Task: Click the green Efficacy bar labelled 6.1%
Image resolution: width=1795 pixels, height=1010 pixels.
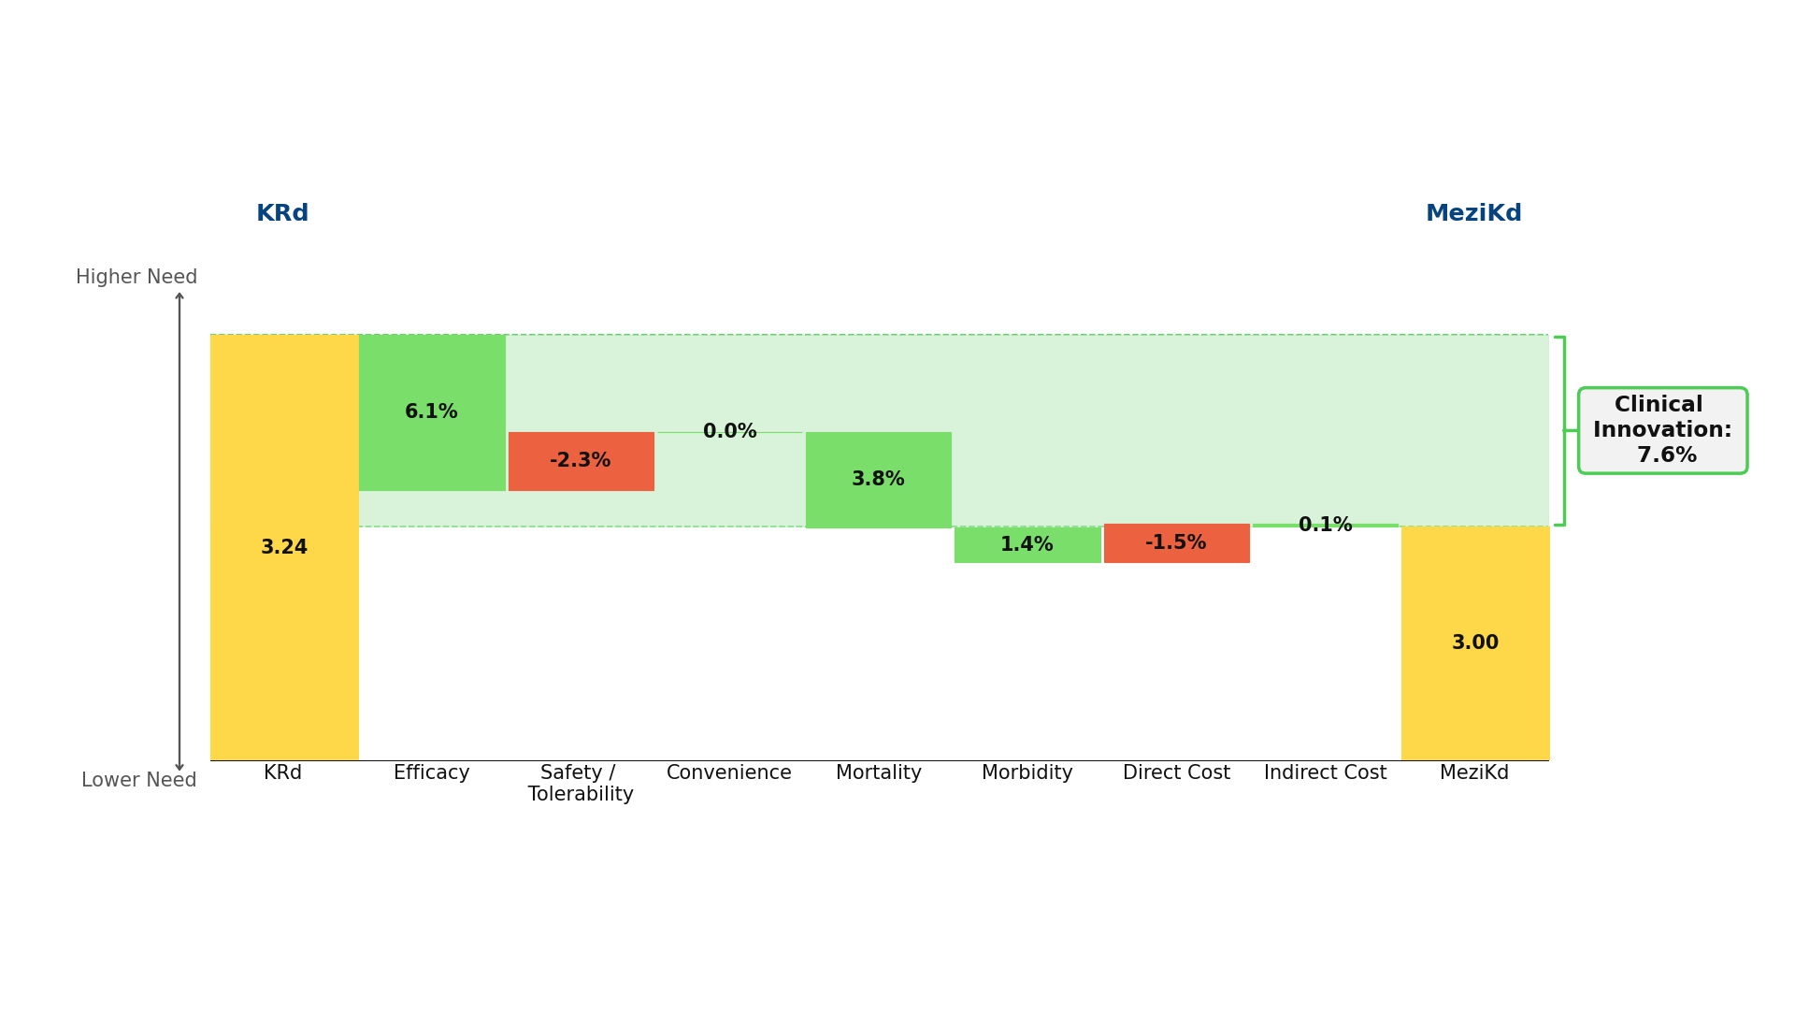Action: coord(432,412)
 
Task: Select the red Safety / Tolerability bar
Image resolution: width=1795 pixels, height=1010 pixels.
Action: coord(582,461)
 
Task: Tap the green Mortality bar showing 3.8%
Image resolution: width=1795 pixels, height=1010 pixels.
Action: coord(879,480)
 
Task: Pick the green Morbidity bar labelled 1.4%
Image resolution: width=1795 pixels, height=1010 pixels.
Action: coord(1027,544)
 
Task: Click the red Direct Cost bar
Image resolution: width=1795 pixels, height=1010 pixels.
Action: coord(1177,543)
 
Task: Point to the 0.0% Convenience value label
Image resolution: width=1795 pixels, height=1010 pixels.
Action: coord(730,431)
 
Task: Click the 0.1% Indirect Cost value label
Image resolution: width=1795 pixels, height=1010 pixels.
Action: coord(1326,525)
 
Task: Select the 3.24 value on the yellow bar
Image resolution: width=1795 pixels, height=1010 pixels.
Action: coord(284,548)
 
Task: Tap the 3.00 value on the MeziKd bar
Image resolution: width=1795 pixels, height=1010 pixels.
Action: coord(1475,643)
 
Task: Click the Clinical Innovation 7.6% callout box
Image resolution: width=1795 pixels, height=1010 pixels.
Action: coord(1663,430)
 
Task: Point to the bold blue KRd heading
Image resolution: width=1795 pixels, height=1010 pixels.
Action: coord(282,213)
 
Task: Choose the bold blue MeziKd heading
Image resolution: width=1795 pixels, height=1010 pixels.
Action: coord(1474,213)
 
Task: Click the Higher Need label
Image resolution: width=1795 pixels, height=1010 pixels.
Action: coord(136,278)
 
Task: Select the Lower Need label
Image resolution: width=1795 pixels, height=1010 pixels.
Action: coord(139,780)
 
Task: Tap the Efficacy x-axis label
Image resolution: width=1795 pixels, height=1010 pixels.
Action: coord(432,773)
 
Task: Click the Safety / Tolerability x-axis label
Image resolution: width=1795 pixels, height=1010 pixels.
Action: coord(581,784)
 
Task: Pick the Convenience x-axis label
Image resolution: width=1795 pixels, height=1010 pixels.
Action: coord(729,773)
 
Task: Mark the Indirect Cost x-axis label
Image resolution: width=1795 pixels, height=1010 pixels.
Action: coord(1326,773)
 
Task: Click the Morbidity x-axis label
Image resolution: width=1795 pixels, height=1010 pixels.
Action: coord(1027,773)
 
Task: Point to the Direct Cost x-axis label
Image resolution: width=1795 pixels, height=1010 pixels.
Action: coord(1177,773)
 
